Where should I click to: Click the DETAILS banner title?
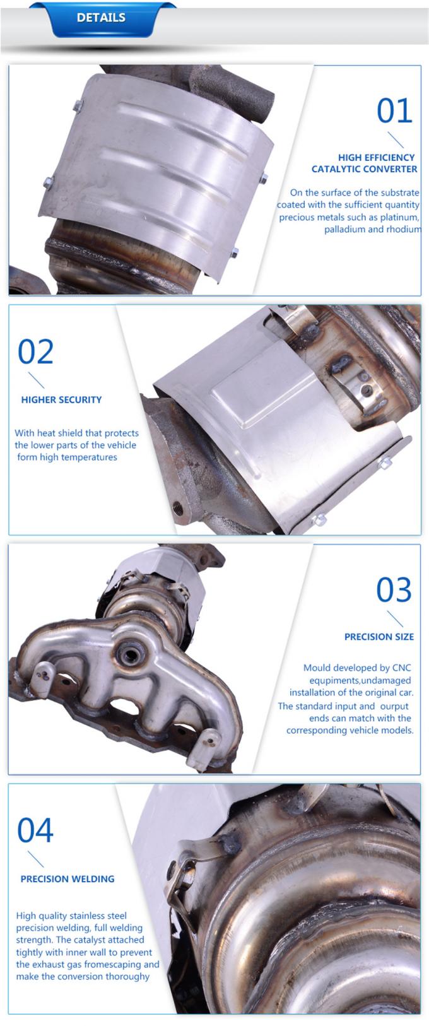pyautogui.click(x=101, y=18)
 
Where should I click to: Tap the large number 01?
pyautogui.click(x=394, y=111)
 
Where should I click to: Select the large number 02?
pyautogui.click(x=36, y=351)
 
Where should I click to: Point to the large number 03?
pyautogui.click(x=394, y=589)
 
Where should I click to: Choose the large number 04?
pyautogui.click(x=35, y=830)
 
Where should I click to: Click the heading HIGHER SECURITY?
pyautogui.click(x=61, y=400)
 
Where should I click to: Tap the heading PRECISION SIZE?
pyautogui.click(x=379, y=637)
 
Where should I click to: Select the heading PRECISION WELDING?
pyautogui.click(x=68, y=879)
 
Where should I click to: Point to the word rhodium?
pyautogui.click(x=403, y=229)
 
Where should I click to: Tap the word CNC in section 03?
pyautogui.click(x=401, y=668)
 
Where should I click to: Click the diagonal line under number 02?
pyautogui.click(x=36, y=380)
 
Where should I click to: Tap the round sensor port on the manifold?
pyautogui.click(x=131, y=654)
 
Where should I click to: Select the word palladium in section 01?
pyautogui.click(x=343, y=229)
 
